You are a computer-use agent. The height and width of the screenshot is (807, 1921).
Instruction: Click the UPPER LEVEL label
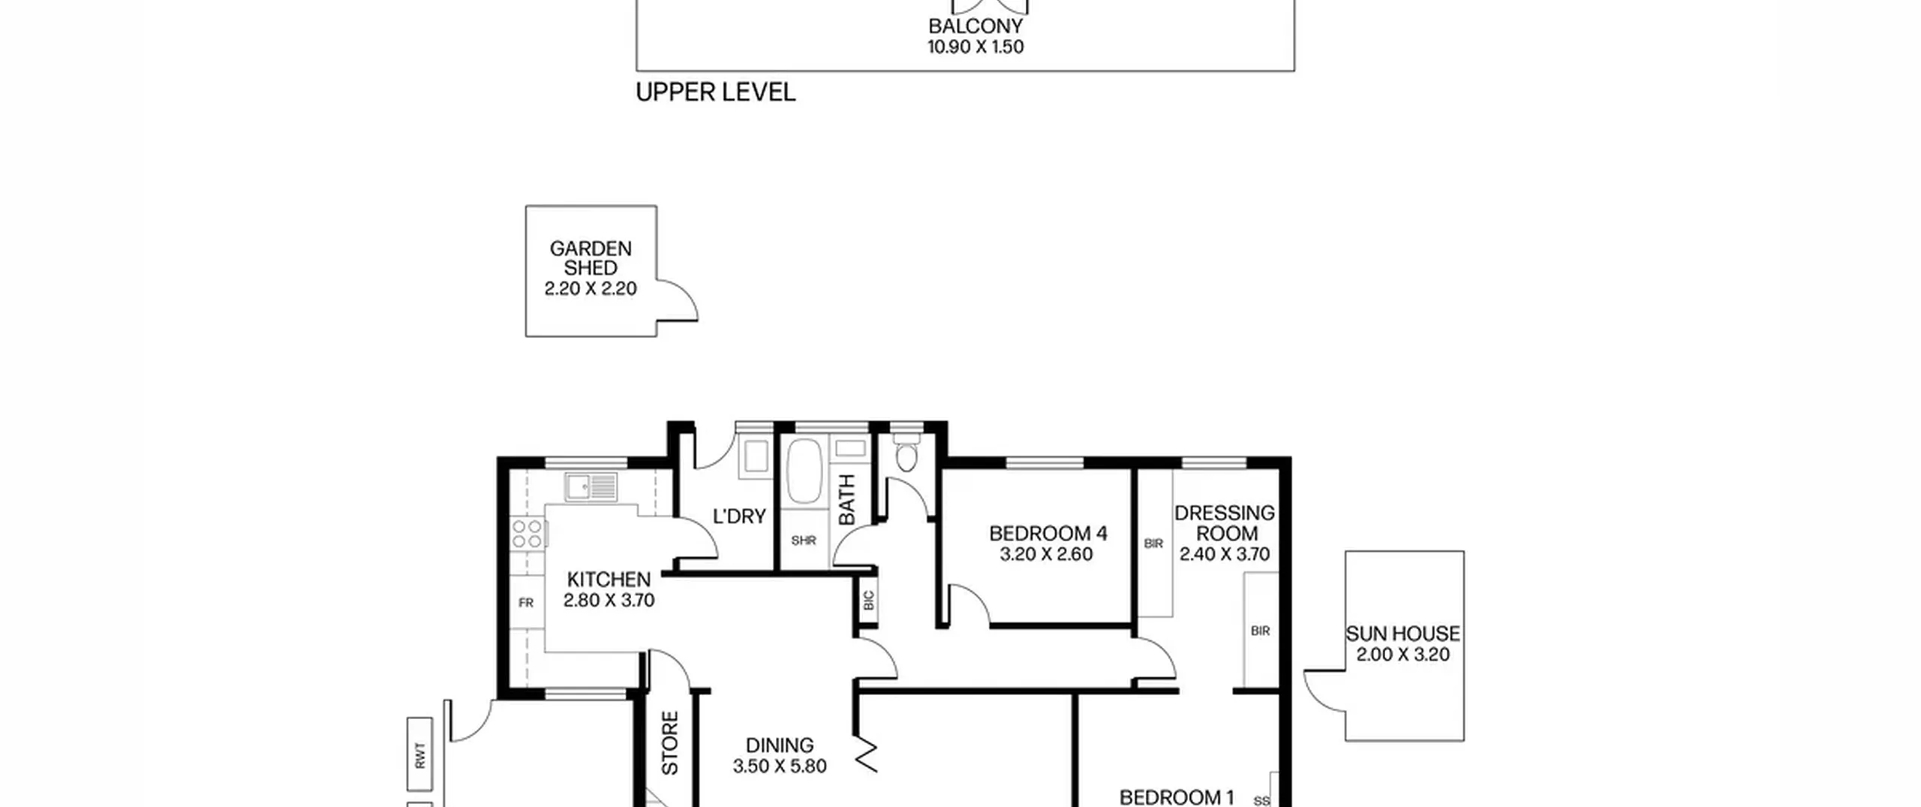(x=715, y=92)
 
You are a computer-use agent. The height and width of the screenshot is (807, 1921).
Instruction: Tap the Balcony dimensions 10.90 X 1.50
(x=976, y=47)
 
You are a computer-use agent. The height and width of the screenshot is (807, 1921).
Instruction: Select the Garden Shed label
(x=591, y=258)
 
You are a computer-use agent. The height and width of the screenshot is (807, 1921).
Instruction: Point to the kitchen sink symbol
(x=591, y=487)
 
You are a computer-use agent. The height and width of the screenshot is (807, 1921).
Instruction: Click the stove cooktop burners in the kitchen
(x=528, y=534)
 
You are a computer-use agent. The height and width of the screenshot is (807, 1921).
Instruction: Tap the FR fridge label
(x=526, y=603)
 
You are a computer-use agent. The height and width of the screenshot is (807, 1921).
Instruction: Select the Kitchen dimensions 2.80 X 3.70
(x=609, y=601)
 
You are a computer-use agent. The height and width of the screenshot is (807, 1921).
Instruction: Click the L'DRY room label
(x=739, y=516)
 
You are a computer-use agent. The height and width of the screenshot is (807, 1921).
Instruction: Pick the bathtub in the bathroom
(x=804, y=471)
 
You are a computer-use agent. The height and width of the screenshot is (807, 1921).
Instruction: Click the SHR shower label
(x=804, y=541)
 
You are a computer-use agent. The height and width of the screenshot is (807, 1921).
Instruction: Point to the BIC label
(x=869, y=601)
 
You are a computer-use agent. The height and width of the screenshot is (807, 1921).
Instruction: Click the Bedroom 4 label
(x=1048, y=534)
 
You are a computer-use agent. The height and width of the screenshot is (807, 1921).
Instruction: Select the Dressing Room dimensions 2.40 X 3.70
(x=1225, y=555)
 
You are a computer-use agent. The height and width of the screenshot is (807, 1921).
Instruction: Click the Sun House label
(x=1402, y=634)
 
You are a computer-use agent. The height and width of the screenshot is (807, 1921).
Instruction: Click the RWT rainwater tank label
(x=420, y=755)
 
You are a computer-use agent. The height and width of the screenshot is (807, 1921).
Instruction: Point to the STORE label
(x=670, y=743)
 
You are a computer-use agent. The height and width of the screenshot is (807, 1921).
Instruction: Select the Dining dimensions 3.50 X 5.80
(x=780, y=766)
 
